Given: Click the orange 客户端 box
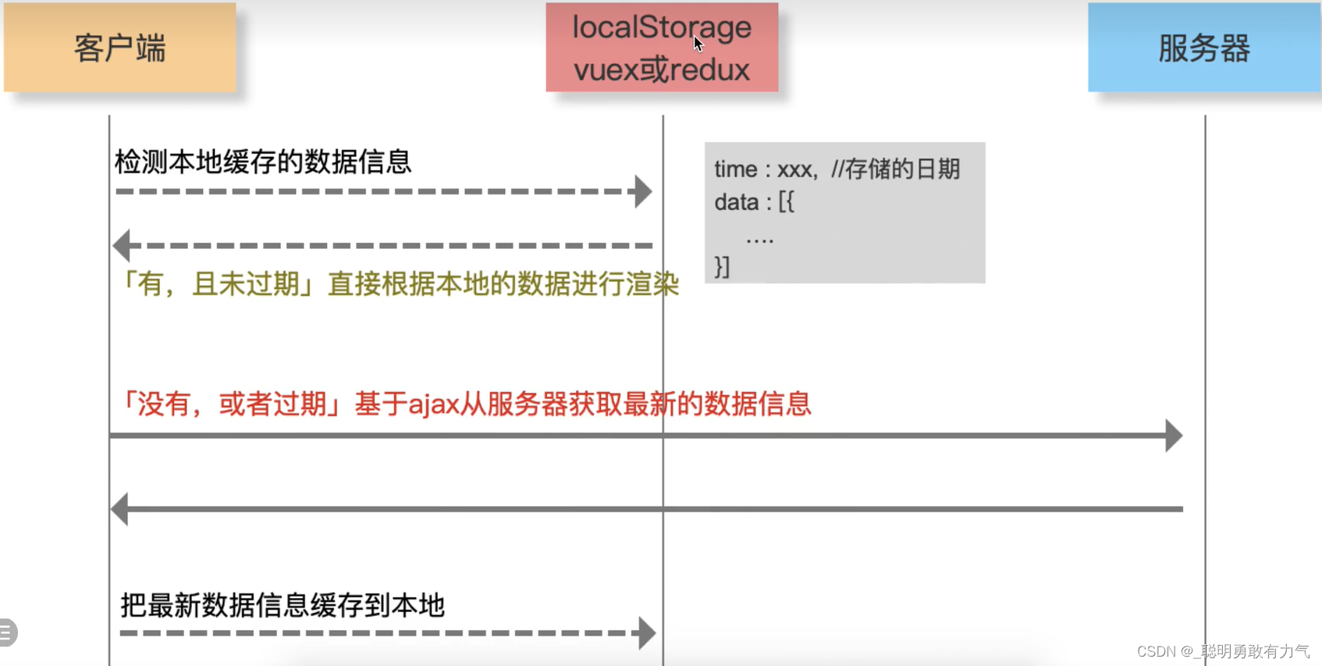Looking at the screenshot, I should point(119,48).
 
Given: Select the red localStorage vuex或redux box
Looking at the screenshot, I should point(662,48).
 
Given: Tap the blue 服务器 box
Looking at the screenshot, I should point(1204,48).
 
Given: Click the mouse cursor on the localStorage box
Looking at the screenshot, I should point(698,43).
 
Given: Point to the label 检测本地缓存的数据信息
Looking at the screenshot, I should point(262,162).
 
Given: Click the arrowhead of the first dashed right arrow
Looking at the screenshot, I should point(643,191).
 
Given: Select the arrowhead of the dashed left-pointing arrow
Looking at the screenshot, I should point(122,245).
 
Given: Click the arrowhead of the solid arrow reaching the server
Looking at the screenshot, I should point(1174,436).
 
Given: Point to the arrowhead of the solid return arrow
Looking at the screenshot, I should point(120,509).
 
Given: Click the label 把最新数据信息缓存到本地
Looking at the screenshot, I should point(282,605).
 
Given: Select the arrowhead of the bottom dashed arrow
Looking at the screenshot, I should point(646,633).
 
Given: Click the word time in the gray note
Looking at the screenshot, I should point(735,169).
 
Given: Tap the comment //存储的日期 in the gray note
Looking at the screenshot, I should point(895,169).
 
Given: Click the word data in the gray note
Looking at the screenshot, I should point(736,202).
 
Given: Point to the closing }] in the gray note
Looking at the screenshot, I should point(722,267).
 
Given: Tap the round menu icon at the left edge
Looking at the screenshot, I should point(6,632).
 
